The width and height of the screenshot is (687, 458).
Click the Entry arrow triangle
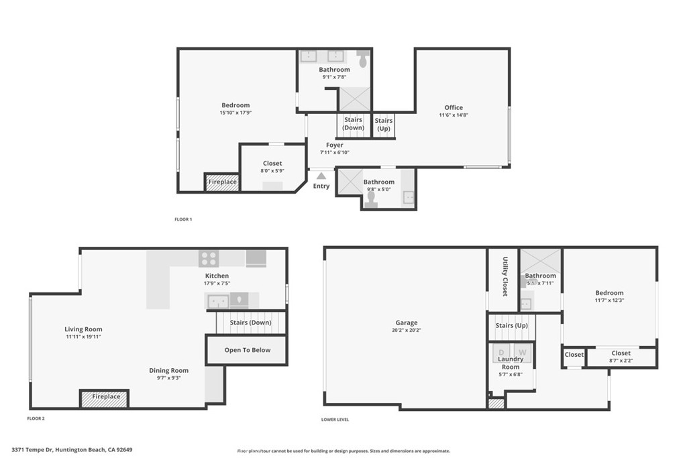point(321,176)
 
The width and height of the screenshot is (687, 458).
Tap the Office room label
point(454,107)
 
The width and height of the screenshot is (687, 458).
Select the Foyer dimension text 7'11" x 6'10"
point(334,152)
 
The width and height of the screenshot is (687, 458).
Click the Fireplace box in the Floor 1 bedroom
point(222,182)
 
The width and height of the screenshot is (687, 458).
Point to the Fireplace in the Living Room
point(105,398)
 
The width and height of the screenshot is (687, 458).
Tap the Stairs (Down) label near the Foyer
point(353,124)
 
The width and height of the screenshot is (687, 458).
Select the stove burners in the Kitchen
point(209,258)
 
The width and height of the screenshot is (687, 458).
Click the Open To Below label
point(248,350)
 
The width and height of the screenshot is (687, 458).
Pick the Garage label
point(406,323)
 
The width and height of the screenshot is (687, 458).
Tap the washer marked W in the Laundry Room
point(522,352)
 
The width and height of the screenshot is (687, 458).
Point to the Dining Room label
point(169,370)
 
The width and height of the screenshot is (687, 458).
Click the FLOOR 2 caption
point(36,418)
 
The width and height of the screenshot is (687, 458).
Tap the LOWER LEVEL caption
point(335,420)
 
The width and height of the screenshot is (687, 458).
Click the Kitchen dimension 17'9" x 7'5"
point(217,283)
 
